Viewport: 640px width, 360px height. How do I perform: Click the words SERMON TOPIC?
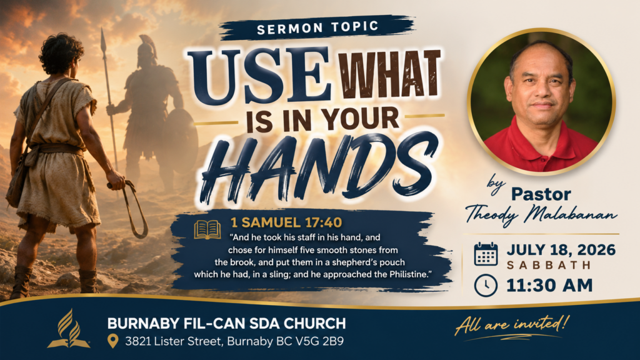pyautogui.click(x=317, y=27)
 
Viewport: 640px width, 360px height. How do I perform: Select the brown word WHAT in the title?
pyautogui.click(x=391, y=75)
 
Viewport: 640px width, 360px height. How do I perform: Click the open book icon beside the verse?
pyautogui.click(x=207, y=229)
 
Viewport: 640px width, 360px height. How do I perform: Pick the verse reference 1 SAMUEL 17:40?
pyautogui.click(x=286, y=222)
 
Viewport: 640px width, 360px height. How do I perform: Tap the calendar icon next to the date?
pyautogui.click(x=486, y=254)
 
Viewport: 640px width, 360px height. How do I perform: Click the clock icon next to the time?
pyautogui.click(x=486, y=285)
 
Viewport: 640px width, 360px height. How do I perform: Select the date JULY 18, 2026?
pyautogui.click(x=561, y=249)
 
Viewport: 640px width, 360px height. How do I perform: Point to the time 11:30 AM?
pyautogui.click(x=549, y=285)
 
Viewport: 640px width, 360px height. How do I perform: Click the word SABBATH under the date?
pyautogui.click(x=549, y=265)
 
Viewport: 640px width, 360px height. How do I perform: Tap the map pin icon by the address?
pyautogui.click(x=112, y=341)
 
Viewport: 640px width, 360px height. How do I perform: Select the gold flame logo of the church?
pyautogui.click(x=69, y=329)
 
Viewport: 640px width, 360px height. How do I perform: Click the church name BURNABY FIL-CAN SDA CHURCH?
pyautogui.click(x=226, y=324)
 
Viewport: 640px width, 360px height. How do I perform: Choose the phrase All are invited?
pyautogui.click(x=512, y=325)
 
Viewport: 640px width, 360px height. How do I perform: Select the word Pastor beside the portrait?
pyautogui.click(x=541, y=194)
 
